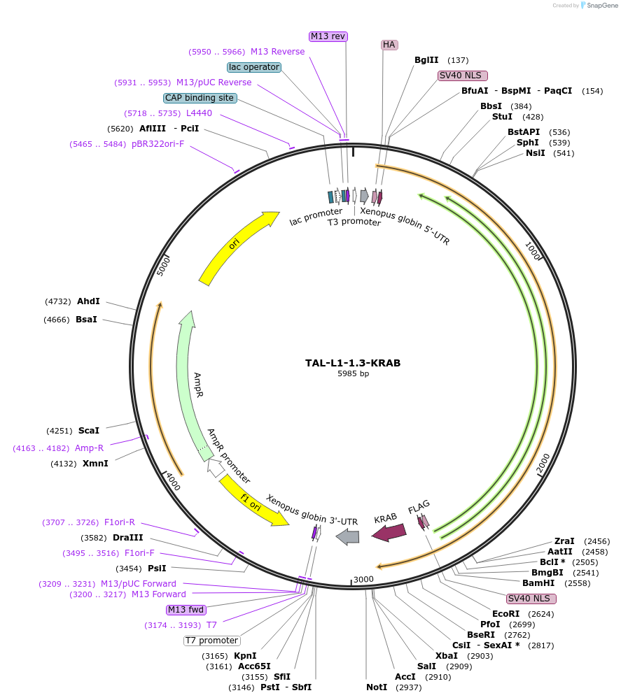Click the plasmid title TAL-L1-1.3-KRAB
coord(353,363)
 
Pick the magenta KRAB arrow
coord(389,532)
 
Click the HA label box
coord(389,45)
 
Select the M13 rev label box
coord(328,36)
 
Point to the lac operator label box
coord(254,67)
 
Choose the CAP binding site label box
coord(200,98)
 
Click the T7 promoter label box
coord(211,641)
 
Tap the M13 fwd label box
coord(187,610)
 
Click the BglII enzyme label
coord(426,60)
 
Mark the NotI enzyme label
coord(377,687)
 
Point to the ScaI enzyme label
coord(89,430)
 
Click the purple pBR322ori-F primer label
coord(158,144)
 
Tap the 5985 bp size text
coord(353,374)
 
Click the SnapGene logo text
coord(601,6)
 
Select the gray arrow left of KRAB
coord(348,536)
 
